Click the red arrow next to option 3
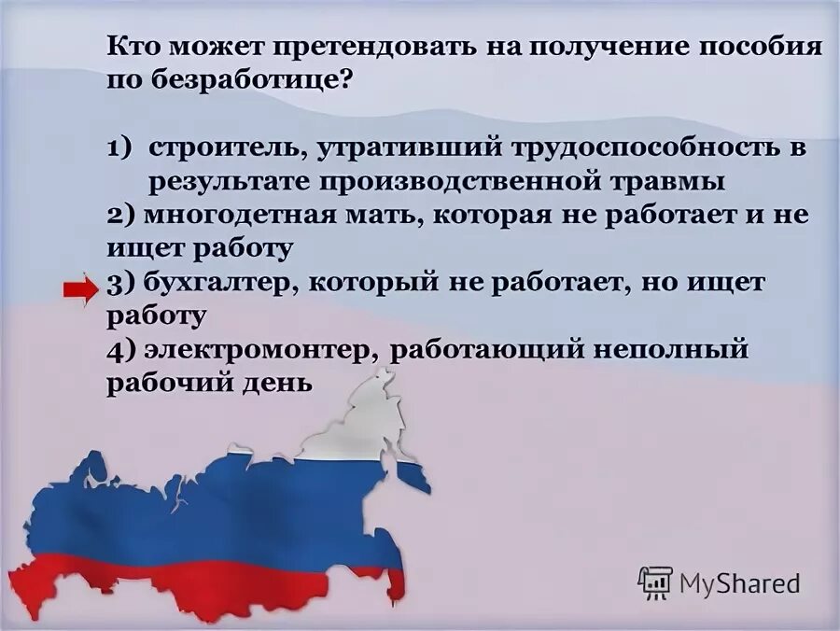81,290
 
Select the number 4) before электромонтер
120,350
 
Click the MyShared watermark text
739,583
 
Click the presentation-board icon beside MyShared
655,582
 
